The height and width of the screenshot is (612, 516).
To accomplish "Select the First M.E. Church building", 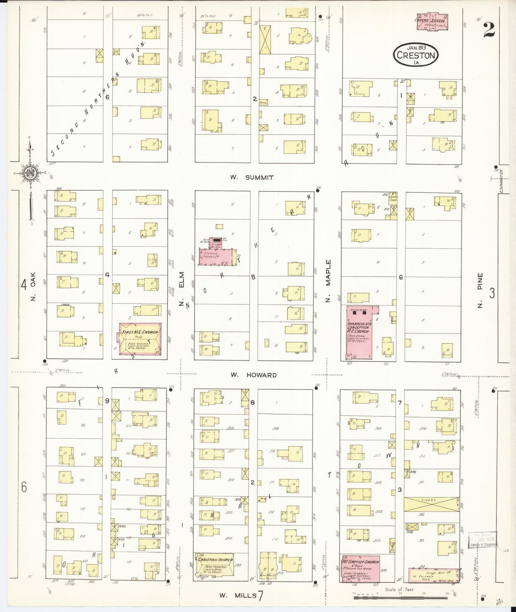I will click(x=140, y=339).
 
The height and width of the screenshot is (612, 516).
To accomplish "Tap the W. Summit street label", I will click(x=252, y=177).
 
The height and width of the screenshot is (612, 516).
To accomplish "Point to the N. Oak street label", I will click(x=33, y=286).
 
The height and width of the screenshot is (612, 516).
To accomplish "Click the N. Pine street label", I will click(x=480, y=290).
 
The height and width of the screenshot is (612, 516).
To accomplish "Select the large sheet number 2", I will click(x=489, y=30).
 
